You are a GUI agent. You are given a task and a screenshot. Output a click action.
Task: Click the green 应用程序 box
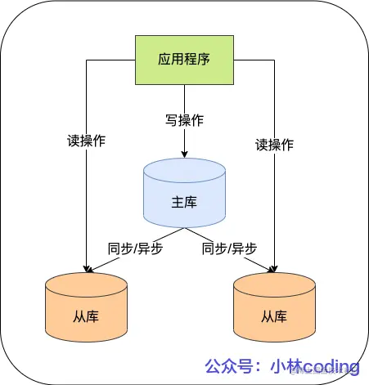pos(184,60)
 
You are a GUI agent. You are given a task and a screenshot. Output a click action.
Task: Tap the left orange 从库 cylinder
pos(87,307)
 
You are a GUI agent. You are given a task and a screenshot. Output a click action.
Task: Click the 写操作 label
pos(184,120)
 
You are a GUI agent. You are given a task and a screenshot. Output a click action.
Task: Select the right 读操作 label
pos(274,145)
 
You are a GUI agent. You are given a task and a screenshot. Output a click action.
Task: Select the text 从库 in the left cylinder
pos(87,316)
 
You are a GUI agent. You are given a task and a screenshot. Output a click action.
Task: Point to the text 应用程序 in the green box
pos(184,60)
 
